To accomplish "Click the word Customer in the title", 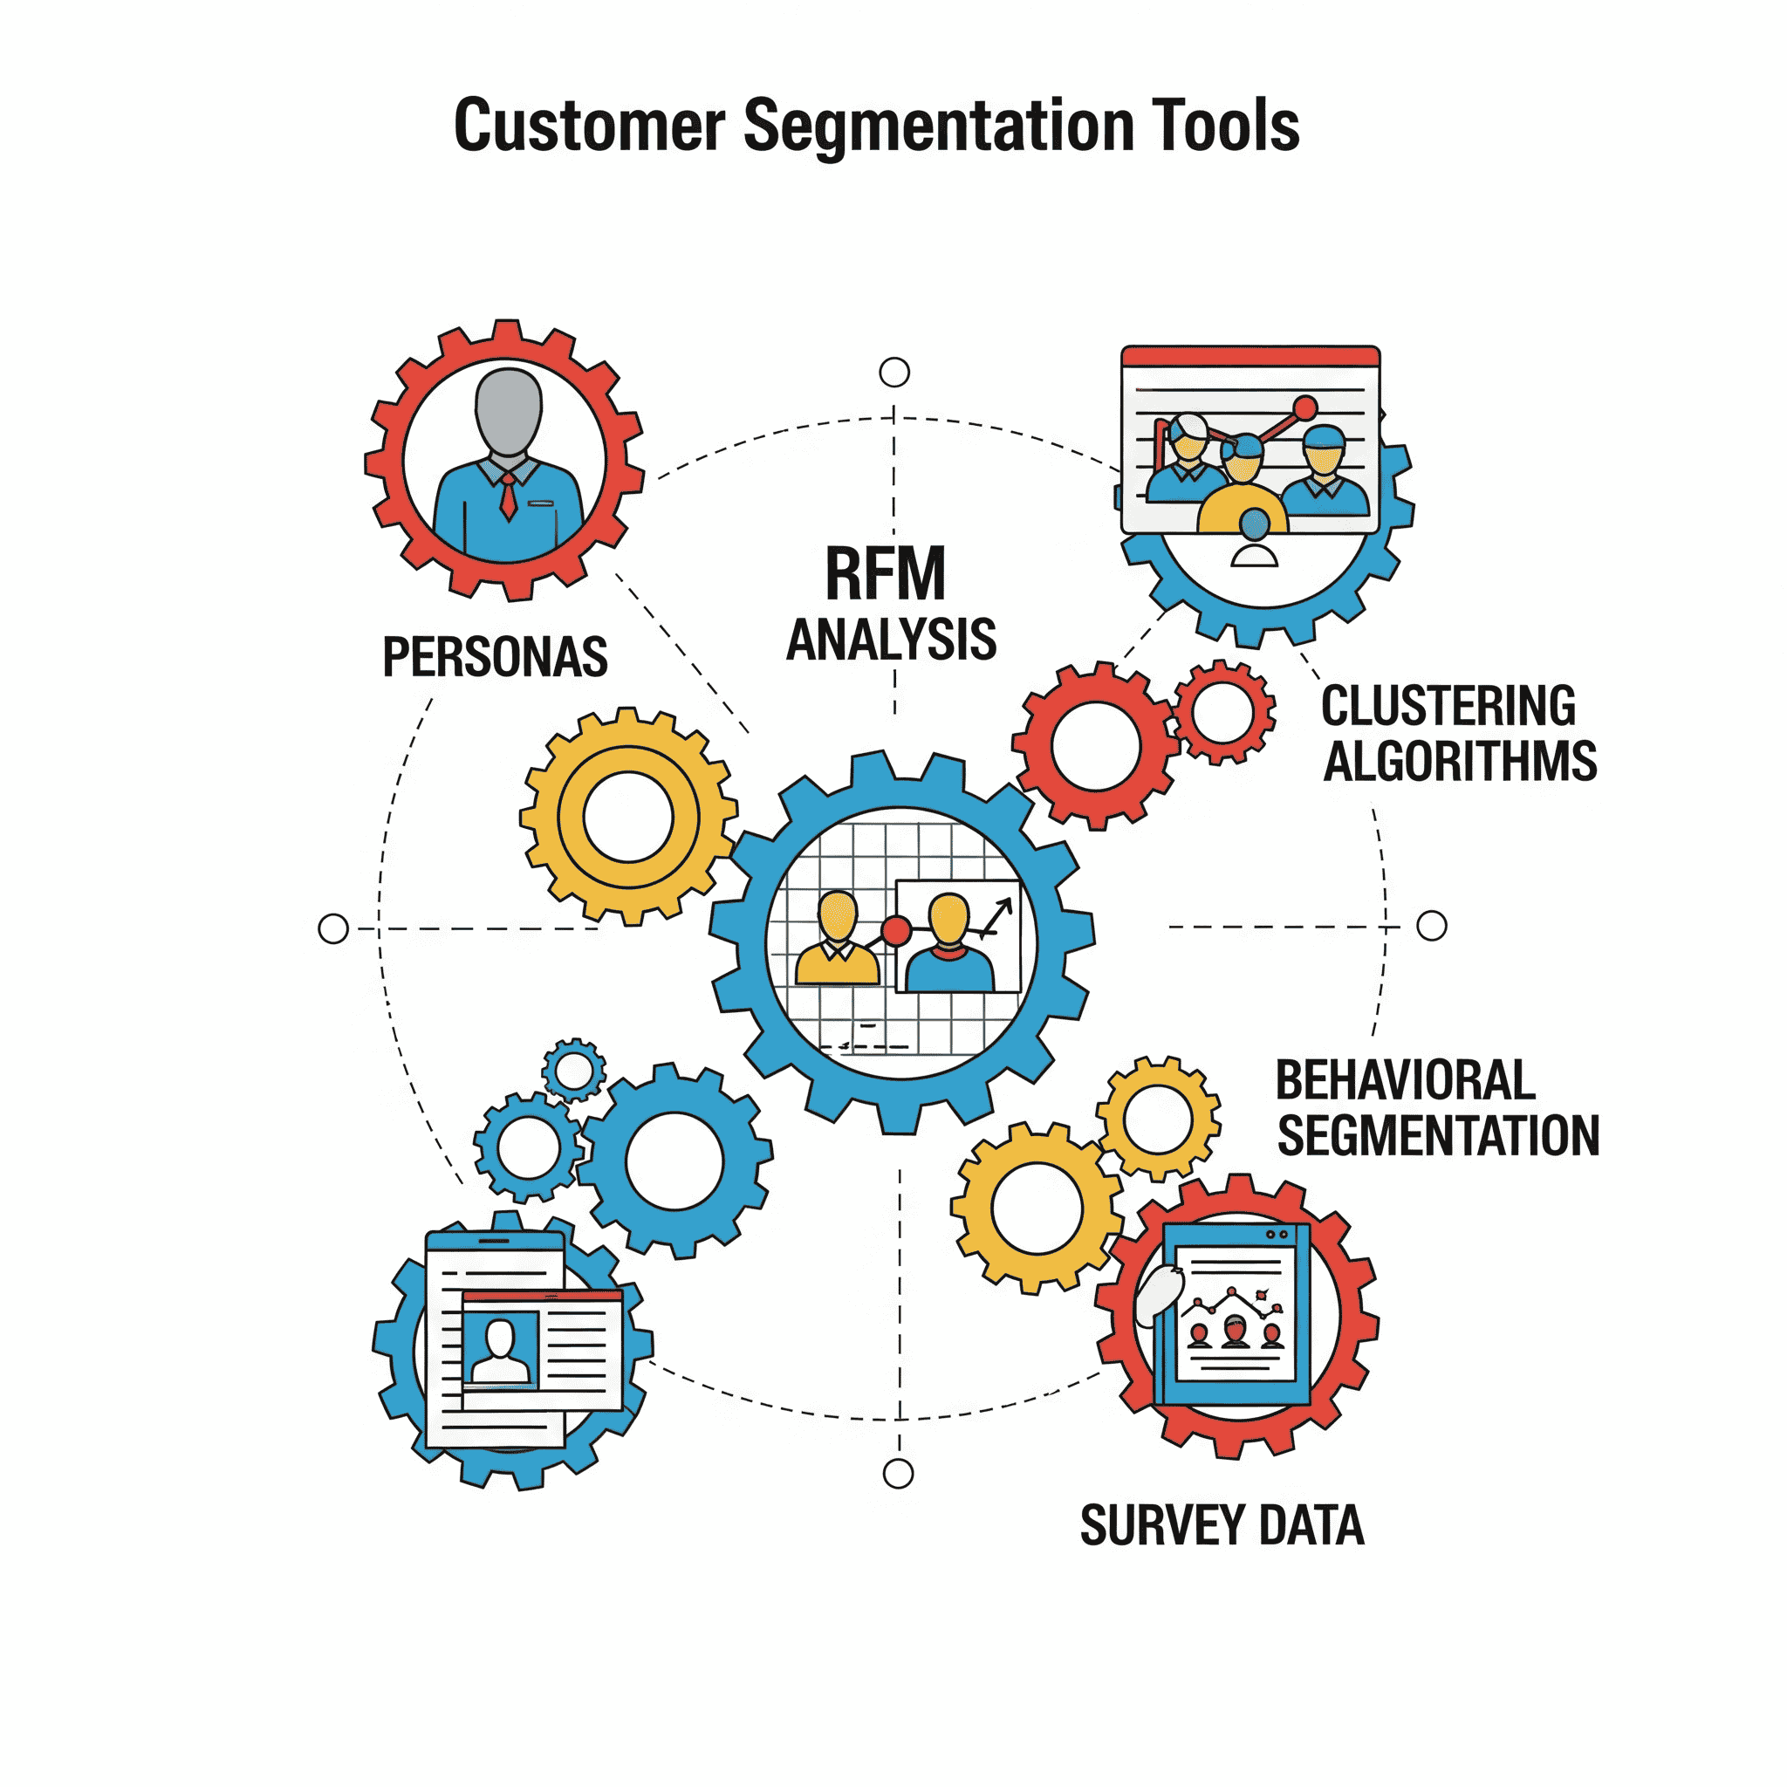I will (x=589, y=127).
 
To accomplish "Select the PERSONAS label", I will (x=495, y=658).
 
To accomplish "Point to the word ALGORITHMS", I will (x=1460, y=762).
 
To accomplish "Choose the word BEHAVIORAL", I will (x=1405, y=1080).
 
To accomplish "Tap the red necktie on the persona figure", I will (x=509, y=496).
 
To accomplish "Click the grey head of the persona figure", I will (x=508, y=411).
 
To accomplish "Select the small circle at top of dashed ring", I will (x=894, y=373).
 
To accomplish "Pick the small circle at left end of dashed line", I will (x=333, y=928).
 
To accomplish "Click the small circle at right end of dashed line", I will (x=1432, y=925).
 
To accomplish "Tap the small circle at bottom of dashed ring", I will (x=898, y=1475).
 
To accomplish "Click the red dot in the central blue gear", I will (x=895, y=930).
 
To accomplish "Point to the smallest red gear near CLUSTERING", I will (x=1222, y=712).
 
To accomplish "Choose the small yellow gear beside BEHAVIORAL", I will (x=1158, y=1119).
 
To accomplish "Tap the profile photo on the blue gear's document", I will (x=500, y=1349).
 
